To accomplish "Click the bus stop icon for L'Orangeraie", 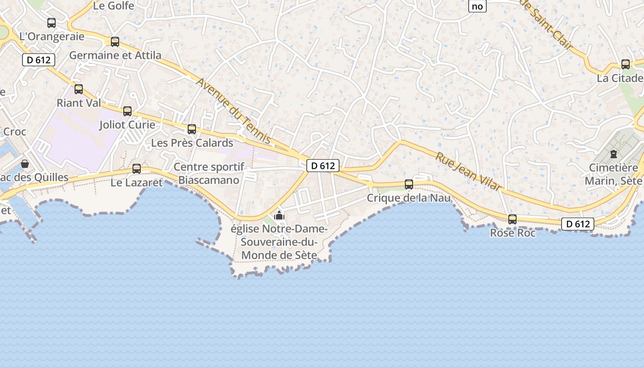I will pyautogui.click(x=52, y=23).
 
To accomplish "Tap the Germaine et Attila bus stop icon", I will pyautogui.click(x=115, y=42).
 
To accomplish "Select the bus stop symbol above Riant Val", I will pyautogui.click(x=79, y=89).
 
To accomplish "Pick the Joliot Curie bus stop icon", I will pyautogui.click(x=127, y=111).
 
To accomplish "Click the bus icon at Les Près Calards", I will pyautogui.click(x=192, y=129).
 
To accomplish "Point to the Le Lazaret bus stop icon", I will pyautogui.click(x=137, y=169).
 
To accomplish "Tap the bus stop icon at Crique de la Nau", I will pyautogui.click(x=409, y=184).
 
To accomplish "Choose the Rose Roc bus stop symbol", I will pyautogui.click(x=512, y=219).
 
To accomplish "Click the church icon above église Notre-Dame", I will pyautogui.click(x=279, y=215).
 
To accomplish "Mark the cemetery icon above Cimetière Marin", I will pyautogui.click(x=614, y=154).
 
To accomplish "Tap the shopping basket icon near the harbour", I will pyautogui.click(x=25, y=164).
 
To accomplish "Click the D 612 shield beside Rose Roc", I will pyautogui.click(x=577, y=224).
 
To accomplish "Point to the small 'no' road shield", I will pyautogui.click(x=477, y=6).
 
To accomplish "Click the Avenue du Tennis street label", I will pyautogui.click(x=235, y=111).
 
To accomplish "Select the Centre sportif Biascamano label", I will pyautogui.click(x=209, y=173).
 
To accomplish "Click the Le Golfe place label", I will pyautogui.click(x=114, y=6).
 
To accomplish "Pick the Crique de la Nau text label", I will pyautogui.click(x=408, y=198).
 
